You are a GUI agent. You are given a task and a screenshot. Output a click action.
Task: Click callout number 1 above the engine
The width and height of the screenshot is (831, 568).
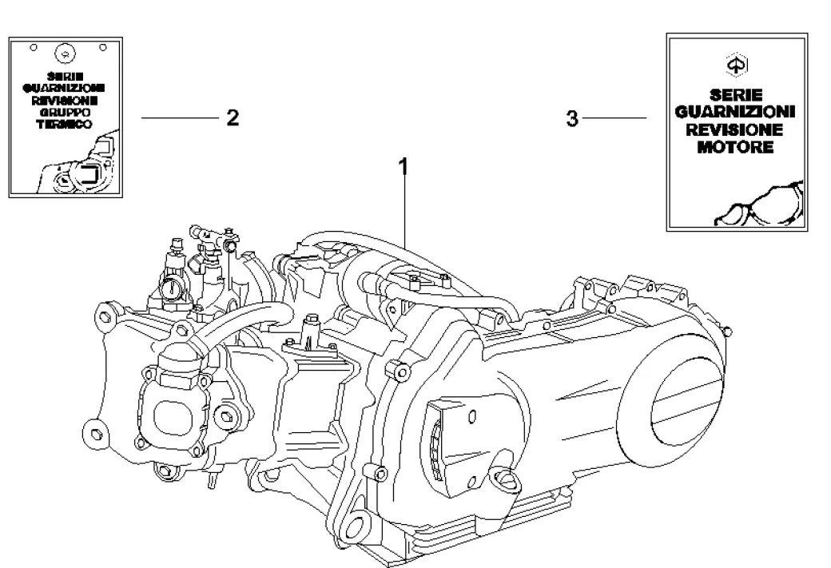404,166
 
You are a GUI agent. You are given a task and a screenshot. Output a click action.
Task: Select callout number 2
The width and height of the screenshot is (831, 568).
233,117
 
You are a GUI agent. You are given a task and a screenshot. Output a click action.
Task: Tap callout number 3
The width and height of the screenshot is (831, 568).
572,119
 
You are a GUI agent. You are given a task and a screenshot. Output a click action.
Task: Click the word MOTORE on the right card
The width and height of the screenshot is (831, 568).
735,147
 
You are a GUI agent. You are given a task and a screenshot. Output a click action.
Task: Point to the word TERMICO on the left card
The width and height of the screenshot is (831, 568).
64,125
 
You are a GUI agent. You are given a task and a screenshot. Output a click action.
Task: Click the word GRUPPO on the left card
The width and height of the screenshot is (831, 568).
65,113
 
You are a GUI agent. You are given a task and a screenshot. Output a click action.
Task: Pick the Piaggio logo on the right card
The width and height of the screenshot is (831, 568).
737,65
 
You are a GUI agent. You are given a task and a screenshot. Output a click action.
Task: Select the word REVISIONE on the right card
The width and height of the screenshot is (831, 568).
734,129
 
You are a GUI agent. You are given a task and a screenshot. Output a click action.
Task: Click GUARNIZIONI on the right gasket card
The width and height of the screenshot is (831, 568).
735,112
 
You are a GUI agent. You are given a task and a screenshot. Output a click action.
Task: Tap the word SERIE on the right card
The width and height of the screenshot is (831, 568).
736,95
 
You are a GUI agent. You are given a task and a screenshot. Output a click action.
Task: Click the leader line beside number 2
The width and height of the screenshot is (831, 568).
181,117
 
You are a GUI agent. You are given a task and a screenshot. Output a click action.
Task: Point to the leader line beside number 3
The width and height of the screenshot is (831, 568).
614,117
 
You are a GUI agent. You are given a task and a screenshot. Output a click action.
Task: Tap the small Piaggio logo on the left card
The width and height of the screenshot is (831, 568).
66,54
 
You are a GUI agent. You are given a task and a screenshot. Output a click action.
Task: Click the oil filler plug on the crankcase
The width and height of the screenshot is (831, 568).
506,479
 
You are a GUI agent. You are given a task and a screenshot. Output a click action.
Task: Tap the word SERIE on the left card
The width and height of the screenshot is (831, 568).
65,77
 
